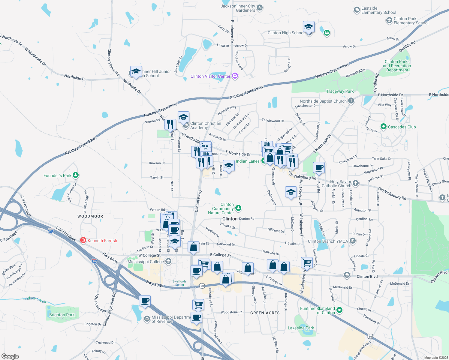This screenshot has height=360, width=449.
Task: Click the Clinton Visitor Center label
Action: pos(210,76)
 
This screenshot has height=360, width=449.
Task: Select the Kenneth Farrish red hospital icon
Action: pos(83,240)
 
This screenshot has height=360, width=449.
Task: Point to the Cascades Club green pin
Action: pos(383,127)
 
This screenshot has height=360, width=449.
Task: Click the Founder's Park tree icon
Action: pos(75,175)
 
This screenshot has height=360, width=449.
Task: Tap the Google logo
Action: pos(10,356)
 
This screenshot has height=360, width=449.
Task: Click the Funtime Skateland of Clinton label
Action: pos(317,310)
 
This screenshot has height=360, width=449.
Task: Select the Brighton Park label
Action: pos(62,315)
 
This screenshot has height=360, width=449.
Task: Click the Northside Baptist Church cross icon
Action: pos(351,101)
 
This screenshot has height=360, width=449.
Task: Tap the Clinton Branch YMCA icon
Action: pos(353,241)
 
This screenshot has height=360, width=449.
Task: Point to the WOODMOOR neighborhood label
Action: pos(90,216)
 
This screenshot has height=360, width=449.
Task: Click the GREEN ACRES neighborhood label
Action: pos(265,313)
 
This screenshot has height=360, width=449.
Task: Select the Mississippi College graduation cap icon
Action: pos(168,261)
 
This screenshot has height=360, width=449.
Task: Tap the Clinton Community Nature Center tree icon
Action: pos(238,208)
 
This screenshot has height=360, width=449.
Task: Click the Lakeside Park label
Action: pos(301,328)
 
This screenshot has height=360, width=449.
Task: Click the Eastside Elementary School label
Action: pos(378,10)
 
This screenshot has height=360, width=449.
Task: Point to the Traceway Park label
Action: pos(340,91)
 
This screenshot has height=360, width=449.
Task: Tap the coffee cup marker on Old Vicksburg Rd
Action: pos(319,168)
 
